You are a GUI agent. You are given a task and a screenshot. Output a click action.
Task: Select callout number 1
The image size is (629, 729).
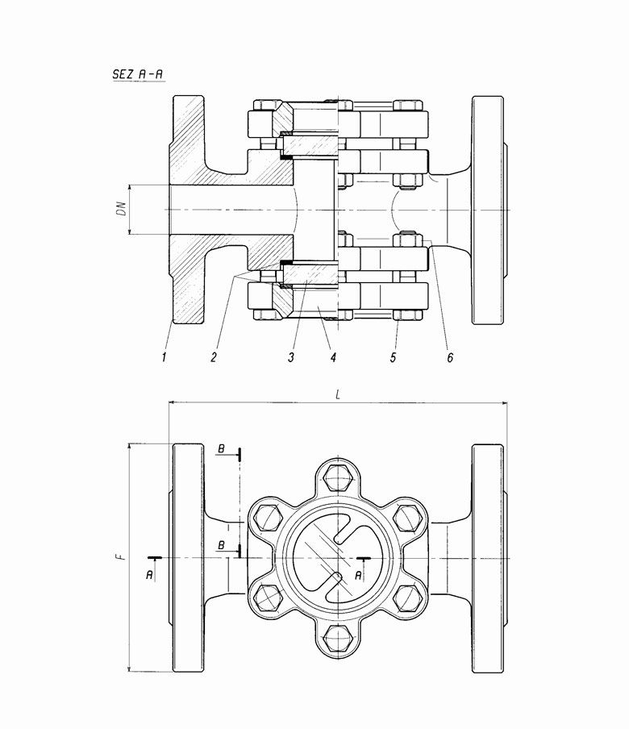(x=164, y=355)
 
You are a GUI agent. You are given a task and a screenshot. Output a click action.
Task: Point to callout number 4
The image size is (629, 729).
(x=332, y=355)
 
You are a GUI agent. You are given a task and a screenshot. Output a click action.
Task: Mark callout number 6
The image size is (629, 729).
(x=449, y=355)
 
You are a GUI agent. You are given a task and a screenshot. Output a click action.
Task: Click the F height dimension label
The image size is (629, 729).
(x=118, y=557)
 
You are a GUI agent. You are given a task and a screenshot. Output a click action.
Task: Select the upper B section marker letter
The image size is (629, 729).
(x=220, y=448)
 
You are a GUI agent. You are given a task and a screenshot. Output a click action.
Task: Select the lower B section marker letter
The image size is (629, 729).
(x=220, y=546)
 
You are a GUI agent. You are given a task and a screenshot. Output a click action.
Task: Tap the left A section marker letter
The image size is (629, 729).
(x=151, y=574)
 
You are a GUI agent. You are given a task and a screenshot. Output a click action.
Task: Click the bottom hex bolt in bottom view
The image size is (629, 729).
(x=337, y=641)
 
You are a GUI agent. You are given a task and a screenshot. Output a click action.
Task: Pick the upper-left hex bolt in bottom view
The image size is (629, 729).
(x=265, y=516)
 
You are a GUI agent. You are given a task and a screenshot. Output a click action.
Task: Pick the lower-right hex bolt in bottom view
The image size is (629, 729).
(x=409, y=599)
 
